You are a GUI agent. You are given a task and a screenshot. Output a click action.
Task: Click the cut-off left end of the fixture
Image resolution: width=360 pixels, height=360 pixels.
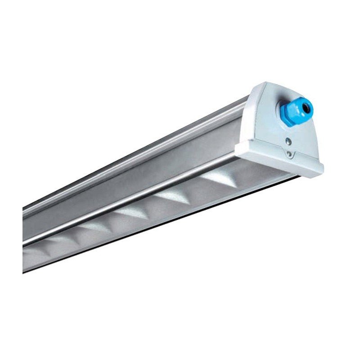tap(24, 238)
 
